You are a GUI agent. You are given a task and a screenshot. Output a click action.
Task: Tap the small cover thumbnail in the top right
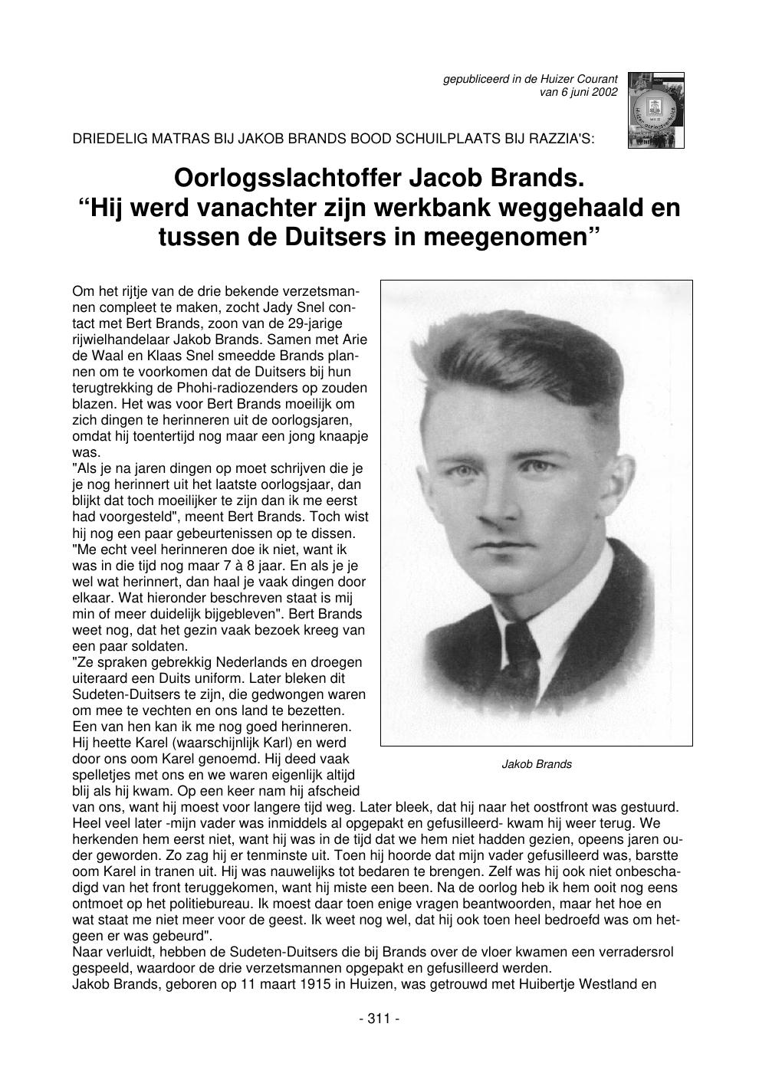[655, 110]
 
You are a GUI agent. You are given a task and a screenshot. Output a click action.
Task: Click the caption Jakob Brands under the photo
[537, 764]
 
